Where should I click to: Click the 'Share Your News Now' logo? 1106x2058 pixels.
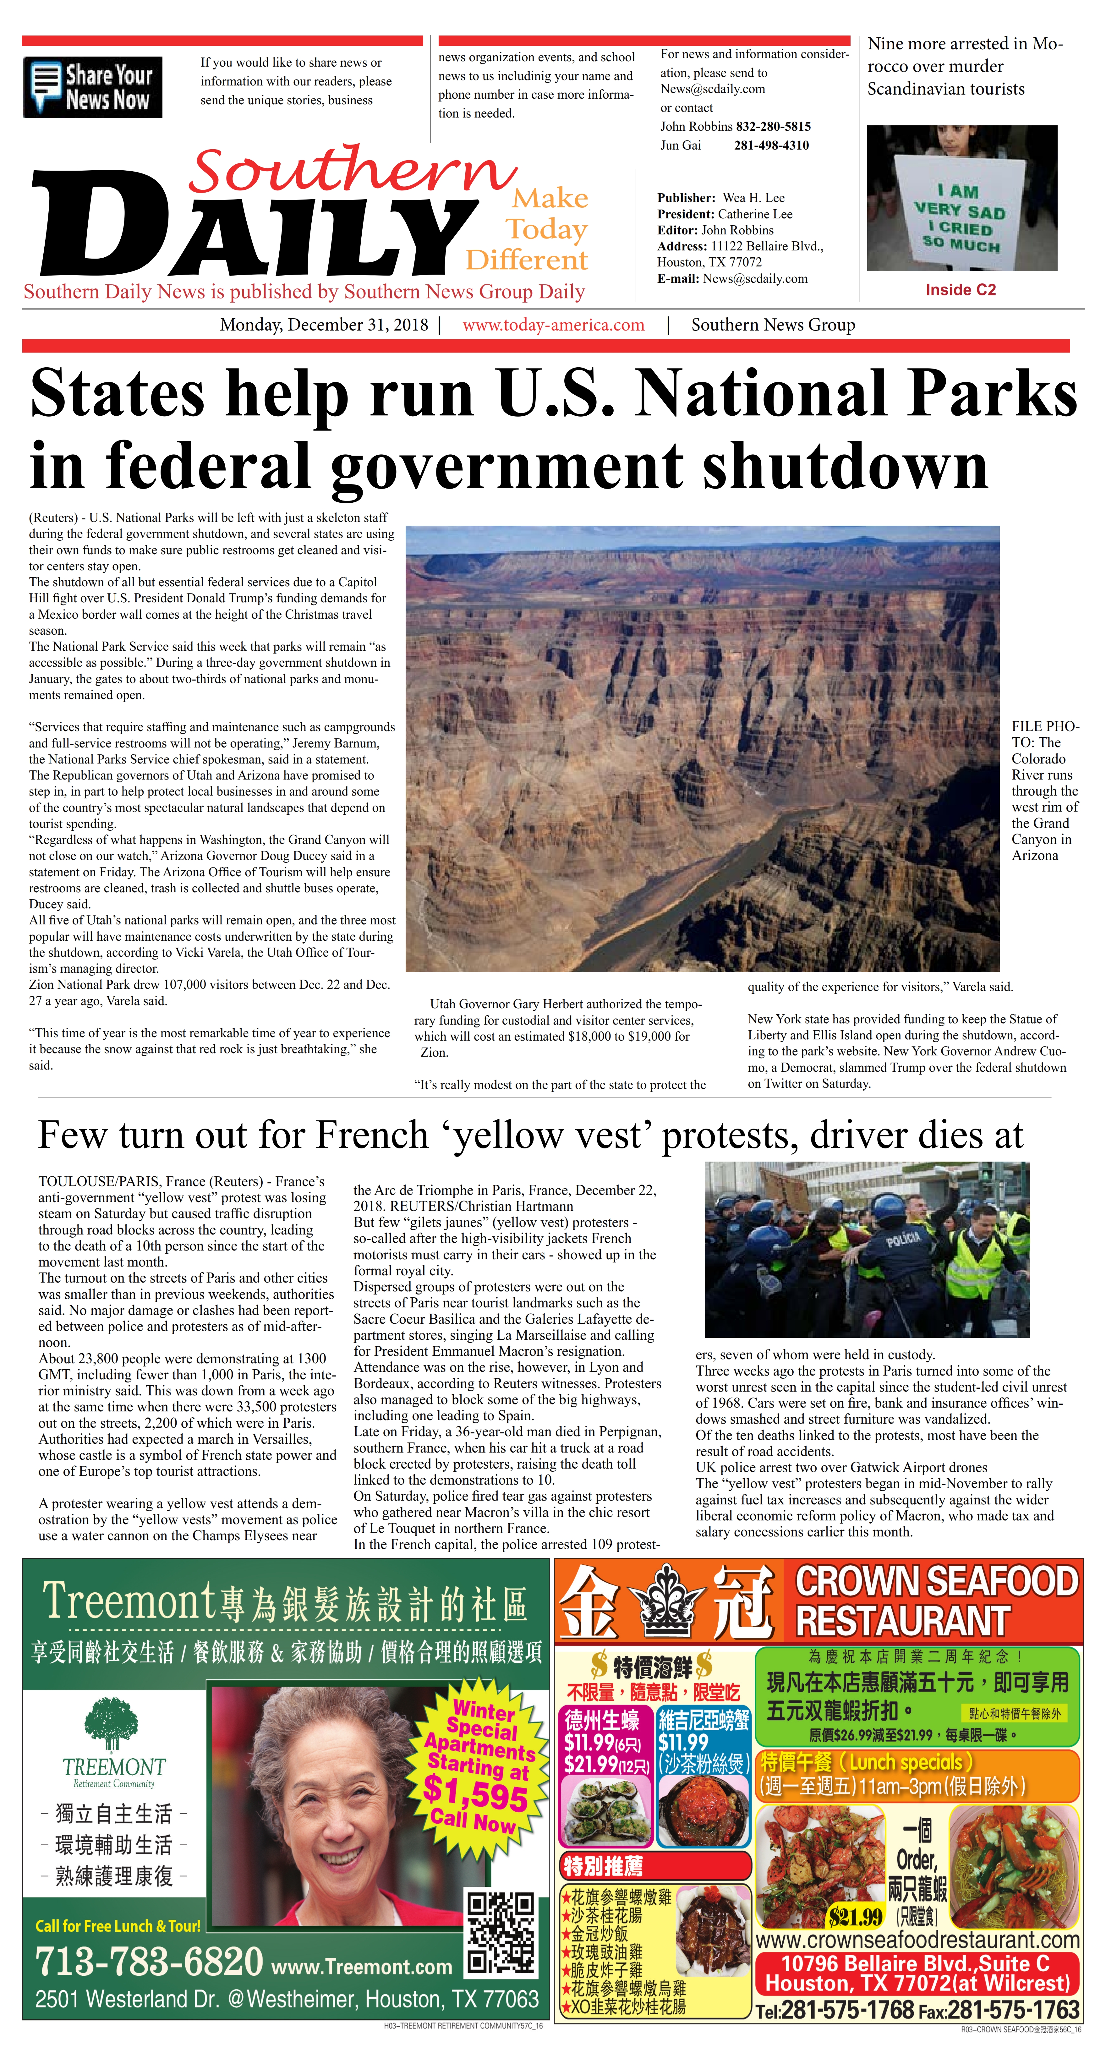click(x=93, y=88)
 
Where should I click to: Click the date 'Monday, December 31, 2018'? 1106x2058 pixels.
click(x=324, y=325)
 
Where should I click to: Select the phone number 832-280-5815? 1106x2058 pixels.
click(x=773, y=126)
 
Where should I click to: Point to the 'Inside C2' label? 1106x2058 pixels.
click(x=961, y=290)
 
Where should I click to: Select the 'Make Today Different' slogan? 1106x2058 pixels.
click(x=531, y=229)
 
